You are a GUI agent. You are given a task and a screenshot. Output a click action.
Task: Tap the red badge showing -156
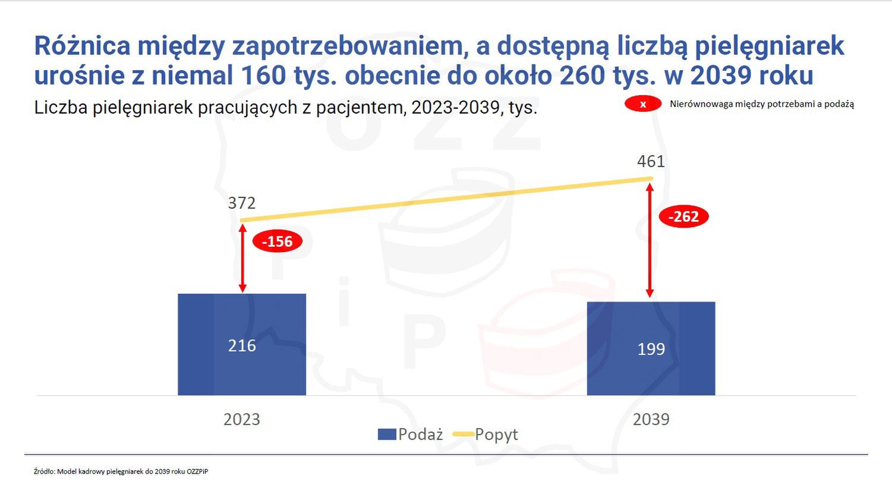pyautogui.click(x=278, y=241)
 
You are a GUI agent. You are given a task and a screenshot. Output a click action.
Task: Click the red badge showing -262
pyautogui.click(x=683, y=217)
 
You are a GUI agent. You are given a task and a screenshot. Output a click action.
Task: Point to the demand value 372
pyautogui.click(x=242, y=203)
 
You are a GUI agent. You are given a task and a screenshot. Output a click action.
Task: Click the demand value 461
pyautogui.click(x=651, y=161)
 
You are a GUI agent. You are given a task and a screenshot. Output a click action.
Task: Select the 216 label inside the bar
pyautogui.click(x=242, y=345)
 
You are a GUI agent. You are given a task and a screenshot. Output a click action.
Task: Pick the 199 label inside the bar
pyautogui.click(x=651, y=349)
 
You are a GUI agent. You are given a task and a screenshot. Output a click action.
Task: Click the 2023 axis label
pyautogui.click(x=242, y=419)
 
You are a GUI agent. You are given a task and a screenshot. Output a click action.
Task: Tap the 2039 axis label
pyautogui.click(x=651, y=419)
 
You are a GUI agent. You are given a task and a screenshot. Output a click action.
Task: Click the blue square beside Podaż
pyautogui.click(x=387, y=435)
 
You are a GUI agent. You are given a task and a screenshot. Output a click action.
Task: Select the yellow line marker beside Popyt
pyautogui.click(x=463, y=435)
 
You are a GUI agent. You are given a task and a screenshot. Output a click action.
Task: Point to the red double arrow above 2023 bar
pyautogui.click(x=242, y=257)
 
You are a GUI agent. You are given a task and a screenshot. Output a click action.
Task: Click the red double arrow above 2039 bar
pyautogui.click(x=650, y=240)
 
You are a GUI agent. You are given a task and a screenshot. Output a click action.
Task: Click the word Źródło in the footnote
pyautogui.click(x=44, y=471)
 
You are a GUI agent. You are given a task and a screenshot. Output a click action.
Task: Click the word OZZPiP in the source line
pyautogui.click(x=197, y=471)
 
